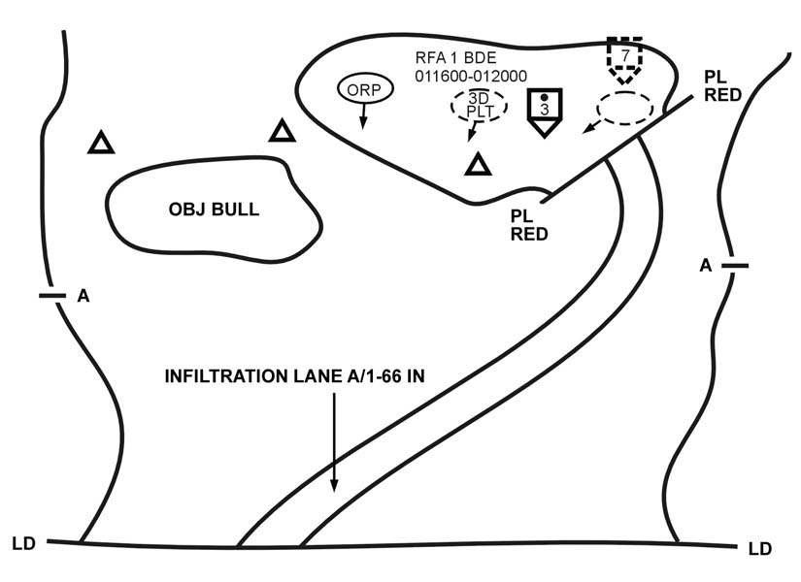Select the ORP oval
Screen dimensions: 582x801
(x=365, y=89)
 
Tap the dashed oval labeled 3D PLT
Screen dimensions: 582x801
(x=477, y=105)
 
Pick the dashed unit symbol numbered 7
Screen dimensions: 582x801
(x=625, y=61)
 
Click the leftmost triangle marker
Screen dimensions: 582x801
(x=101, y=144)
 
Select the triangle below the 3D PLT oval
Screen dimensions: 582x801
(x=477, y=165)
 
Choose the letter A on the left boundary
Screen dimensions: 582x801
(x=83, y=296)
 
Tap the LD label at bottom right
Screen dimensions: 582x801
(x=760, y=549)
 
